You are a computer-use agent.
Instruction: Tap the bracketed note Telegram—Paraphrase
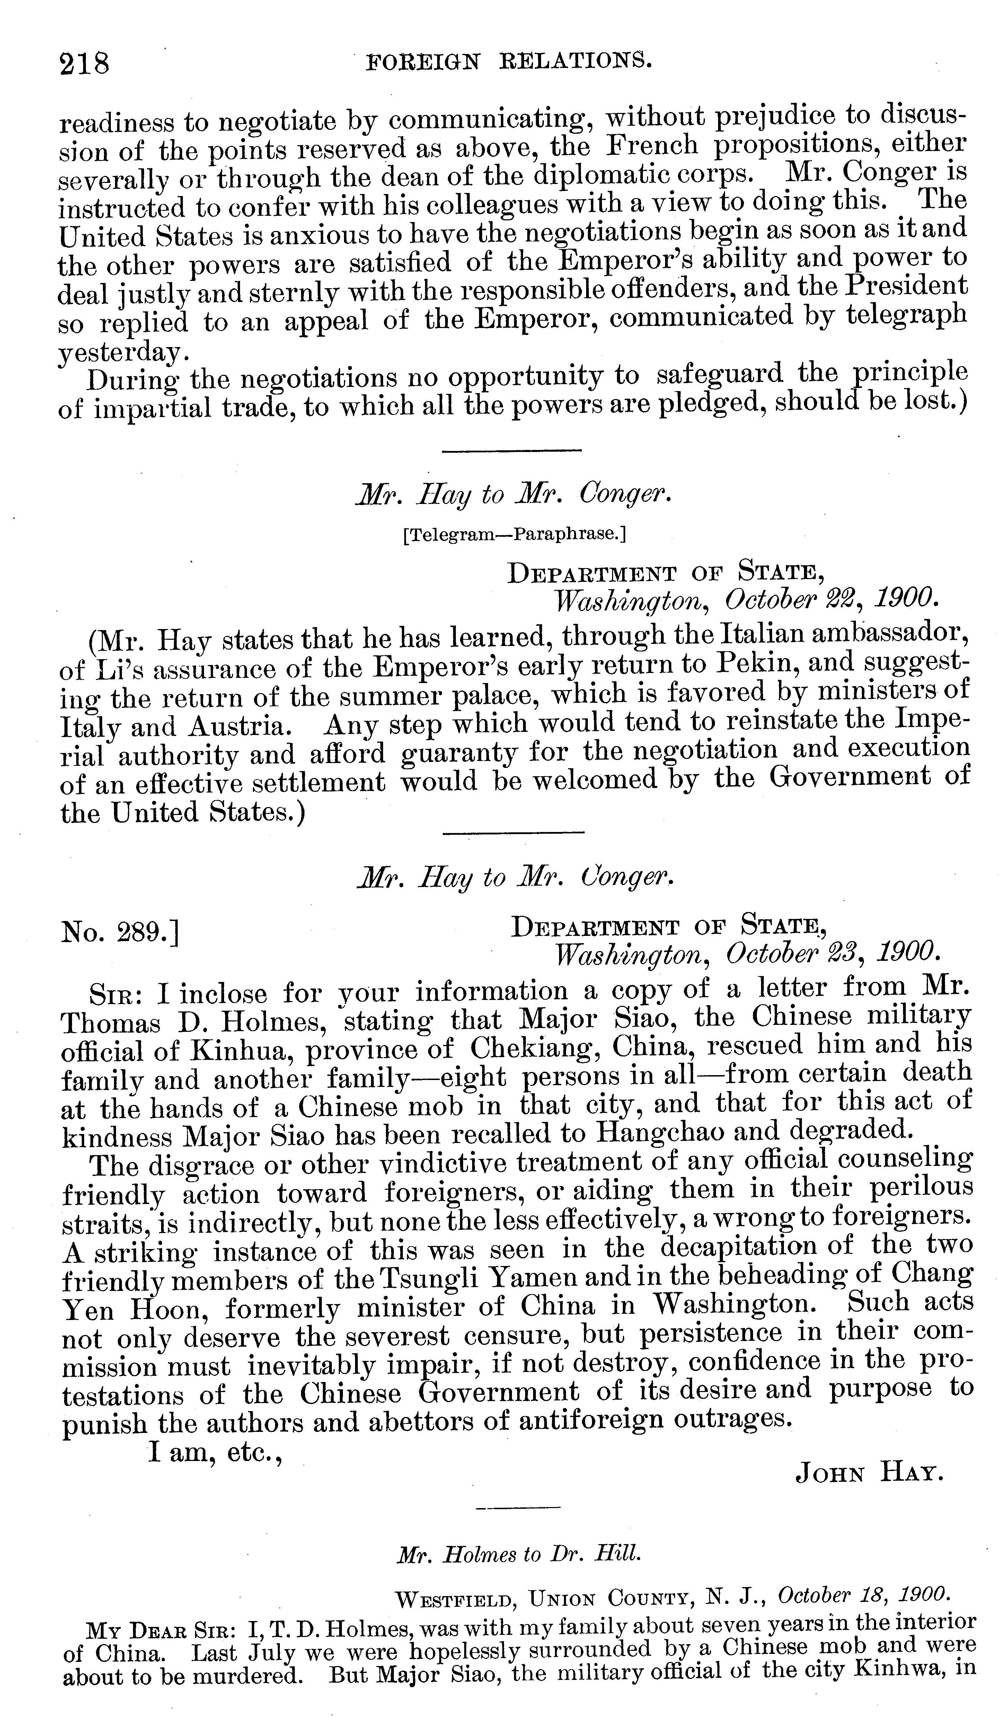514,534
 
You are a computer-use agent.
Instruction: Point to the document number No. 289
120,931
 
